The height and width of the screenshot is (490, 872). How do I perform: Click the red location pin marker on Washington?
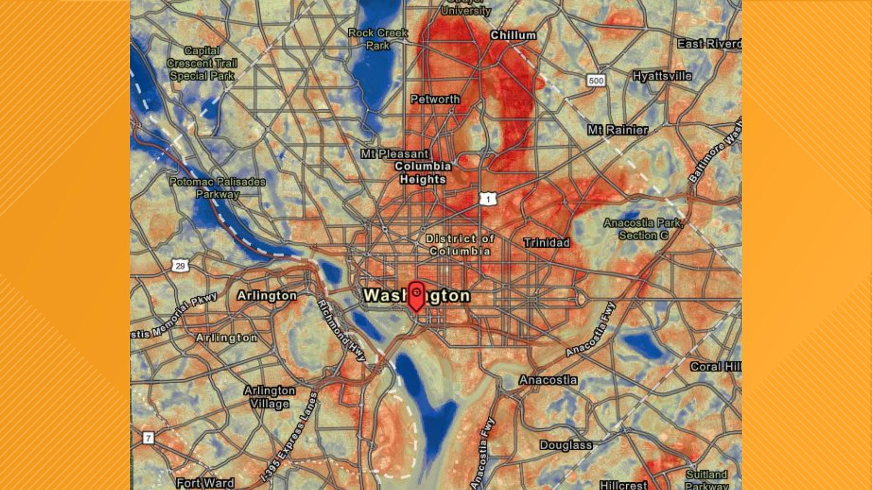(x=416, y=295)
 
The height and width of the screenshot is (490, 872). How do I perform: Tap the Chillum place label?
(x=513, y=35)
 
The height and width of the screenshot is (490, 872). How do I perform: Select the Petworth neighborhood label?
(x=435, y=99)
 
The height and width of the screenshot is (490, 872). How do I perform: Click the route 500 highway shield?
(x=596, y=81)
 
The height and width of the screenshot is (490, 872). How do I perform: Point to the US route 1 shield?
(x=488, y=199)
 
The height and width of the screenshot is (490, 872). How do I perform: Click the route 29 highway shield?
(x=180, y=266)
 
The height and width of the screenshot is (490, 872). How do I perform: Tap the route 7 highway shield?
(x=148, y=438)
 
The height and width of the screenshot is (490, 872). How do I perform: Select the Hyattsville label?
(x=662, y=76)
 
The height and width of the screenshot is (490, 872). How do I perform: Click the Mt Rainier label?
(x=618, y=130)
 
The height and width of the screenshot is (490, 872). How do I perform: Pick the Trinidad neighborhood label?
(x=546, y=243)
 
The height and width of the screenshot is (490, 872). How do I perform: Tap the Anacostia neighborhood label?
(x=548, y=380)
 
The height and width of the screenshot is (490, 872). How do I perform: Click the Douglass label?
(x=566, y=446)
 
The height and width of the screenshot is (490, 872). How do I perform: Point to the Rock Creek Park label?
(x=378, y=39)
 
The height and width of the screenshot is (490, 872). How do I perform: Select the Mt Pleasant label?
(x=395, y=154)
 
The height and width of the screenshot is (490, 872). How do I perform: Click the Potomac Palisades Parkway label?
(x=218, y=188)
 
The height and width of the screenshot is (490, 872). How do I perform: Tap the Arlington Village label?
(x=269, y=397)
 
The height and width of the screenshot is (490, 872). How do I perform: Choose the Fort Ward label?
(x=205, y=483)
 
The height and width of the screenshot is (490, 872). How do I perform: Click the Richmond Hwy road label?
(x=341, y=330)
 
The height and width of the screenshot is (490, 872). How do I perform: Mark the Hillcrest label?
(x=623, y=485)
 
